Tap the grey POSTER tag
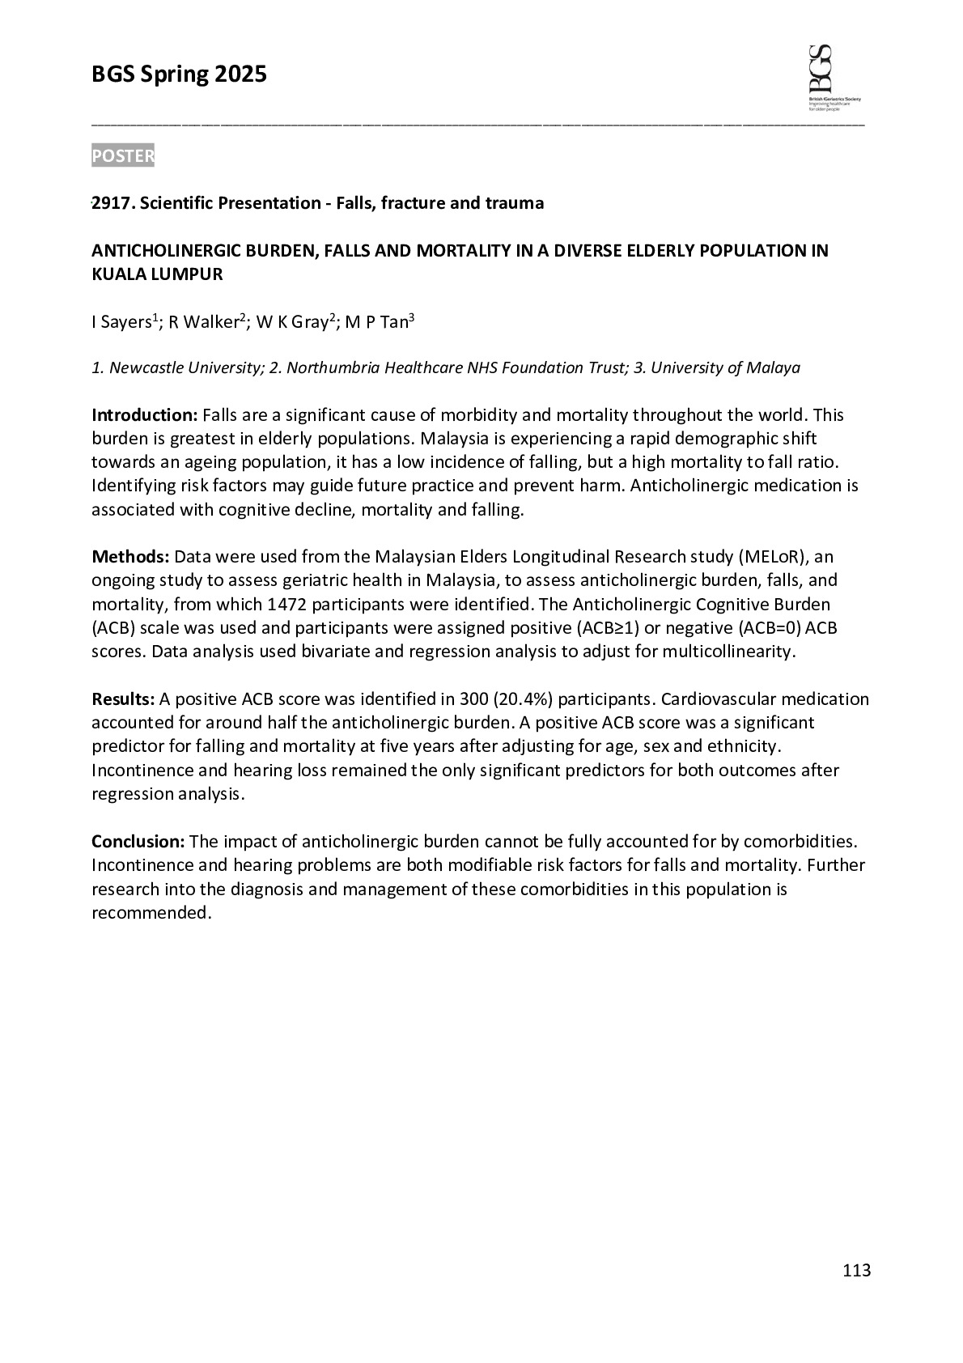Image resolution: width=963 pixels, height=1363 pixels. pos(122,156)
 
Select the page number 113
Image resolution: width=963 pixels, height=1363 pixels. pos(856,1270)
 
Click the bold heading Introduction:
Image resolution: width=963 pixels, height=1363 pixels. pos(144,415)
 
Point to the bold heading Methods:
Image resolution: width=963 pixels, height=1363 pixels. pos(130,557)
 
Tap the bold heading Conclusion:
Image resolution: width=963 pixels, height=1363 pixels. pos(138,842)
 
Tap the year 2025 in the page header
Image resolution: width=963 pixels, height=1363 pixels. pos(240,75)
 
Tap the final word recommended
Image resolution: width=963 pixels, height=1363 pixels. pos(151,913)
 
